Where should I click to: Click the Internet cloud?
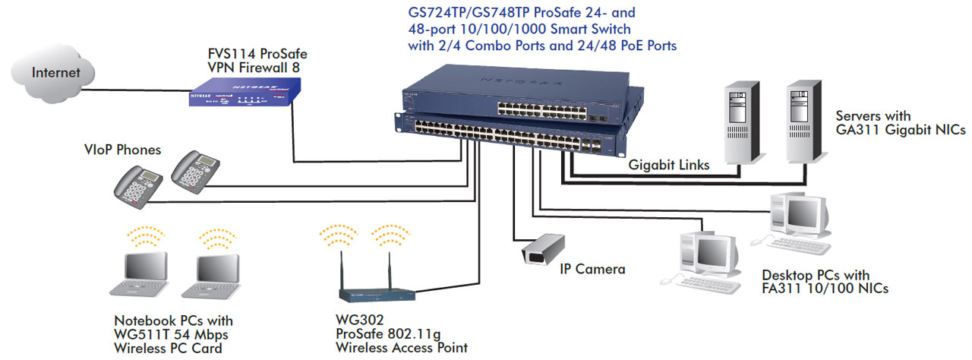53,74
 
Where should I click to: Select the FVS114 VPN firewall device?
245,92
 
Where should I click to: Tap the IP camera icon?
543,249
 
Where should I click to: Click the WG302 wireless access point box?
377,295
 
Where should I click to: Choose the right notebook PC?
212,276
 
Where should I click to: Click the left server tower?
742,122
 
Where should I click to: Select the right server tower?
805,122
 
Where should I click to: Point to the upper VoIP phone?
195,172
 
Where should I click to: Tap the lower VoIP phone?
138,188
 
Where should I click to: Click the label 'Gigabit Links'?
669,165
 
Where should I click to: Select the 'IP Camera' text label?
592,269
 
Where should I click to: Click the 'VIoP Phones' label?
122,150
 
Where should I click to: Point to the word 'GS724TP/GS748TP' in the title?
469,13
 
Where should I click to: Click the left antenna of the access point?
342,270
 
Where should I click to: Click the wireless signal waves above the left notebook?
146,236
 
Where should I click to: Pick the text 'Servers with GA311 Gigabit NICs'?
901,123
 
